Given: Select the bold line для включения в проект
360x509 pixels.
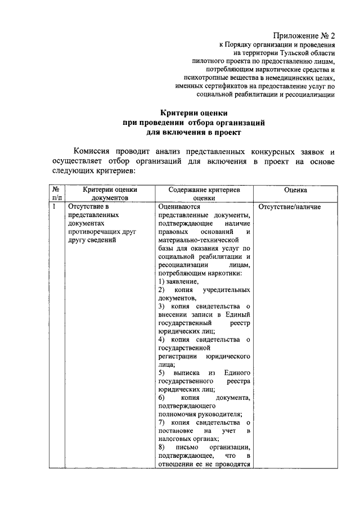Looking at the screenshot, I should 193,132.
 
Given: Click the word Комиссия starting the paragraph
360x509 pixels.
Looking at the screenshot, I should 93,152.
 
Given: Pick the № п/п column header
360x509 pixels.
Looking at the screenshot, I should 56,194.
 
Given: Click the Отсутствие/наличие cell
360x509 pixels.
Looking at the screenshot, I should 290,207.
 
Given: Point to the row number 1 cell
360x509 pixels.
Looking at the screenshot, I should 53,207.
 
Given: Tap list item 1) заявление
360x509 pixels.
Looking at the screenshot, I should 178,281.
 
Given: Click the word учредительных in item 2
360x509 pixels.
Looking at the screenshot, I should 227,289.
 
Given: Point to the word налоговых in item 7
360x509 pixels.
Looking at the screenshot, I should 175,439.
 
